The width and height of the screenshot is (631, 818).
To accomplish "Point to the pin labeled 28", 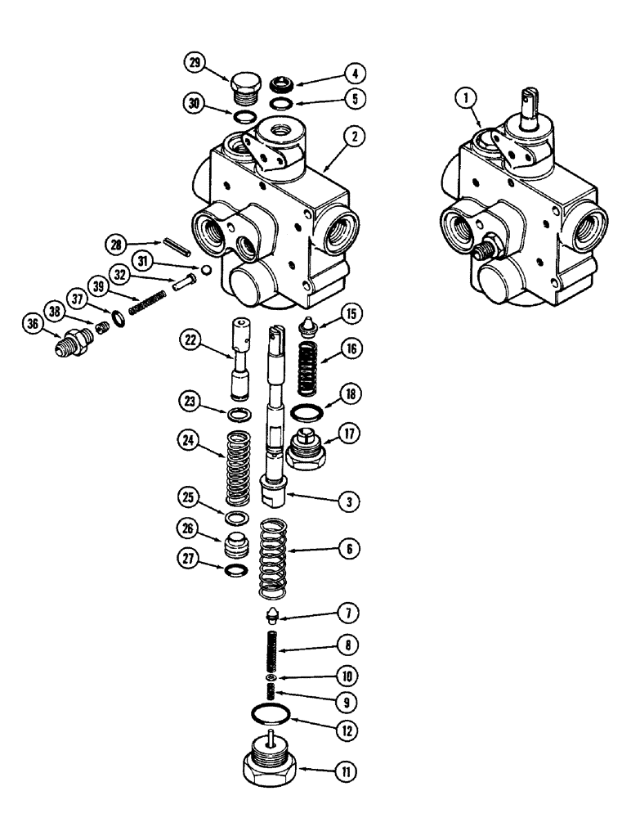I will (x=176, y=245).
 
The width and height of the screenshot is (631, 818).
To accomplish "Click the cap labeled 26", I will (x=235, y=546).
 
